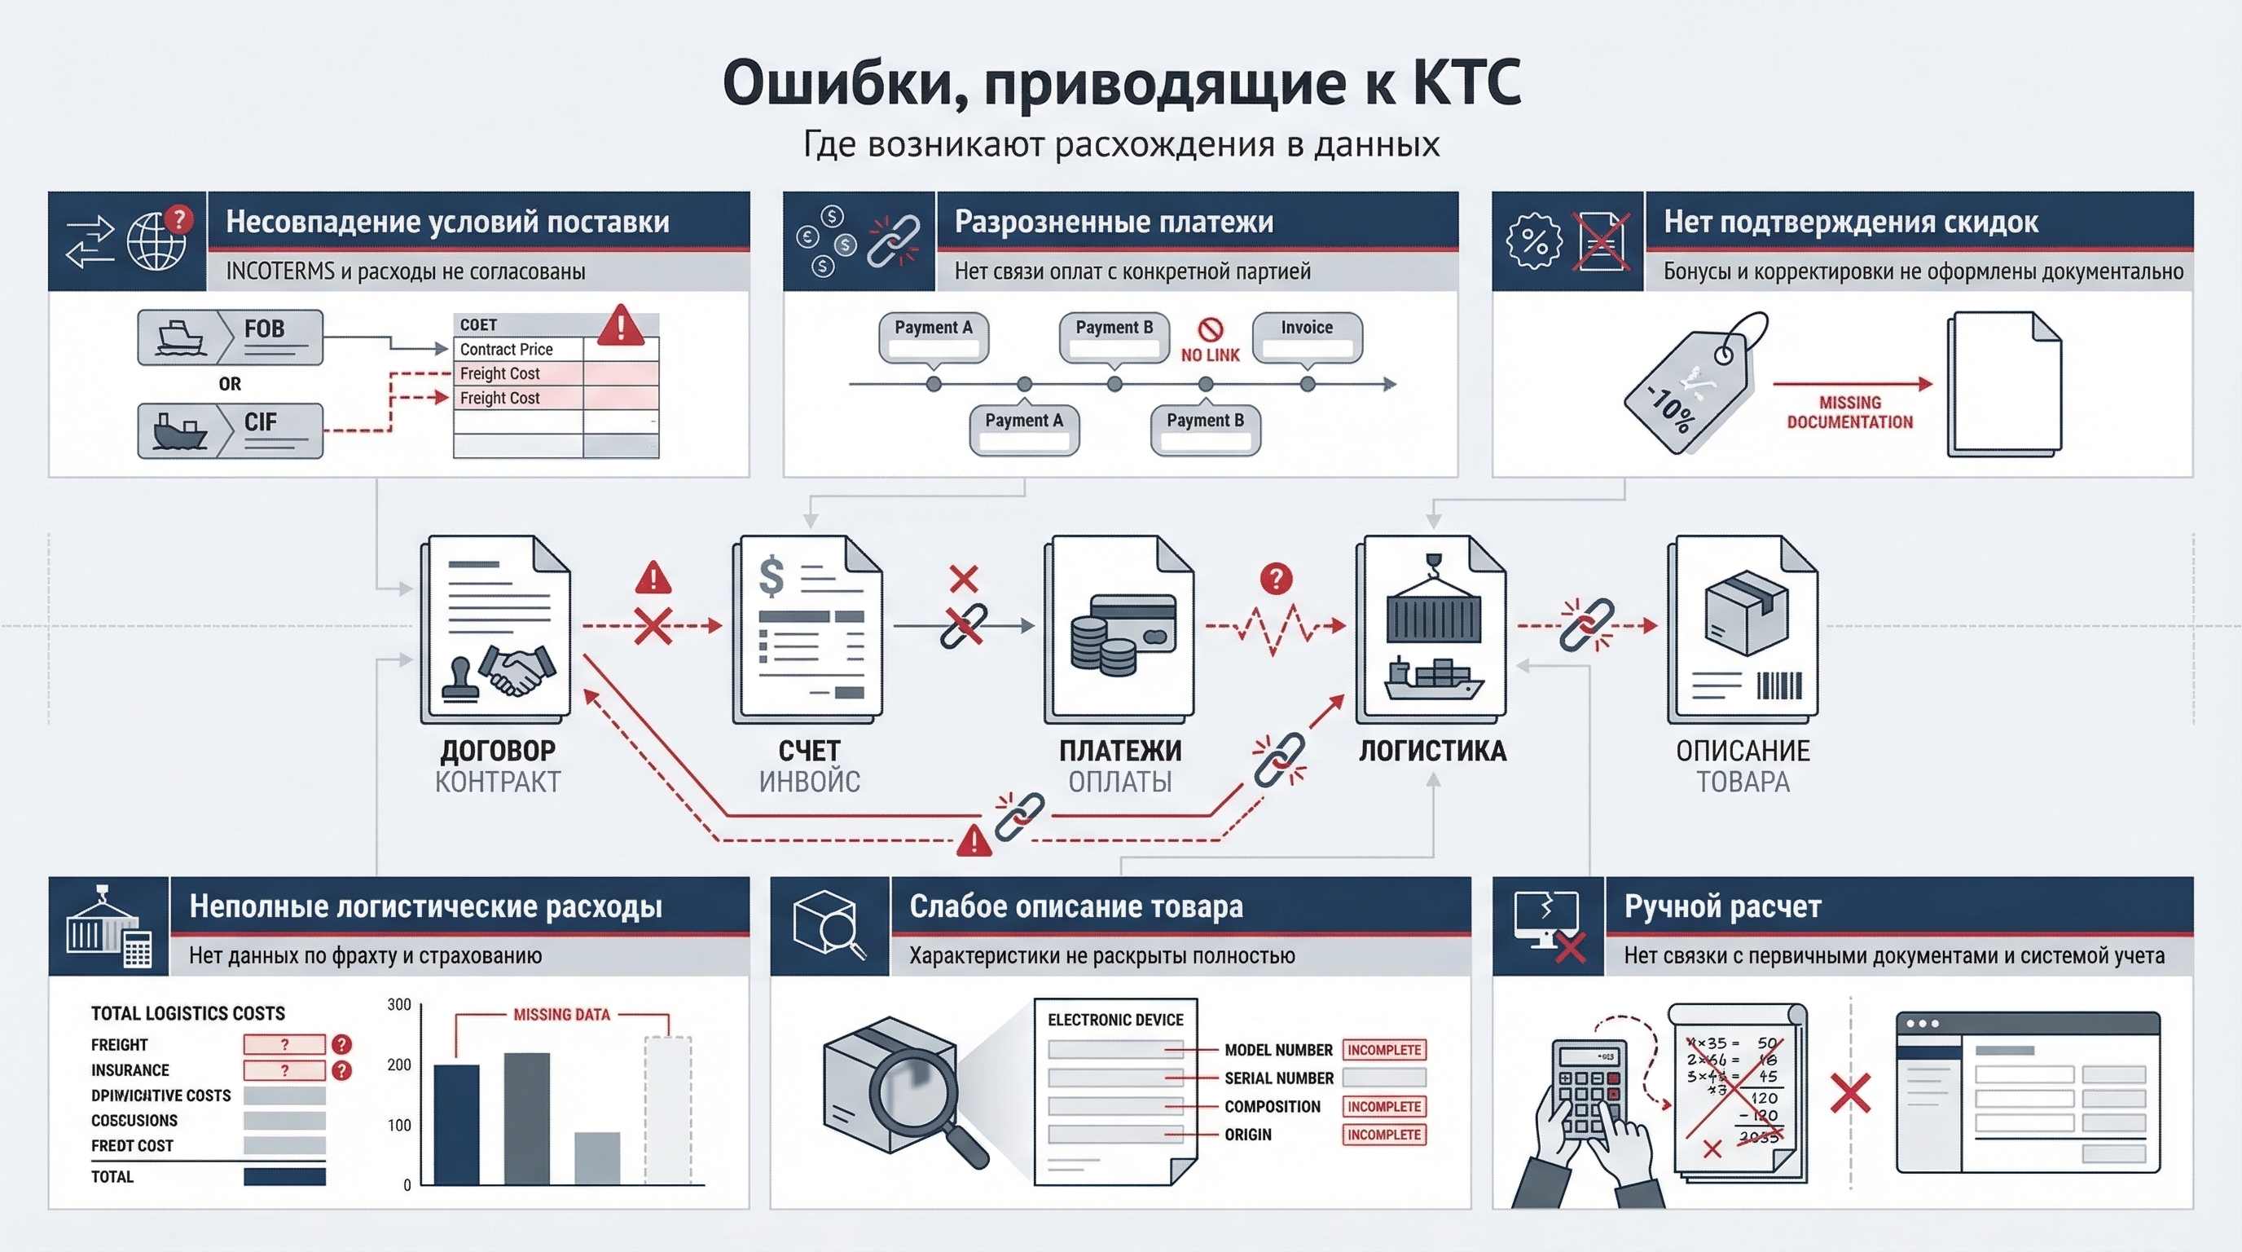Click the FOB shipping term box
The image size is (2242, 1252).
230,337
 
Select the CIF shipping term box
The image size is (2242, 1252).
230,430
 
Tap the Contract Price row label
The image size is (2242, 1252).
507,349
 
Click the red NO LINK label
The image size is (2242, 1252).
1210,355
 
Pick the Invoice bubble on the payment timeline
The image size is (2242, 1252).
1307,336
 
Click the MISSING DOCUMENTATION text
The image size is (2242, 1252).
1849,412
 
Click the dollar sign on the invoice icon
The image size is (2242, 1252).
772,576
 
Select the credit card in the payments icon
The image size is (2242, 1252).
1132,623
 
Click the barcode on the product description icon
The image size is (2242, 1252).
1778,686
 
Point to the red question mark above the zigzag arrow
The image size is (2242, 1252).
1276,578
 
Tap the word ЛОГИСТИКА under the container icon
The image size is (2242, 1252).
1432,751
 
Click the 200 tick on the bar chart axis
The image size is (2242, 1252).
398,1065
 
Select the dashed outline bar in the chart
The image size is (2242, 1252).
667,1109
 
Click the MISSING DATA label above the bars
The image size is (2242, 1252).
561,1015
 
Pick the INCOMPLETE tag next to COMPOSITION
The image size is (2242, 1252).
1384,1107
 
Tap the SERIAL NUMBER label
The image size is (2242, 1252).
1278,1078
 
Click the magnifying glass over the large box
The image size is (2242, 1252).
913,1089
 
